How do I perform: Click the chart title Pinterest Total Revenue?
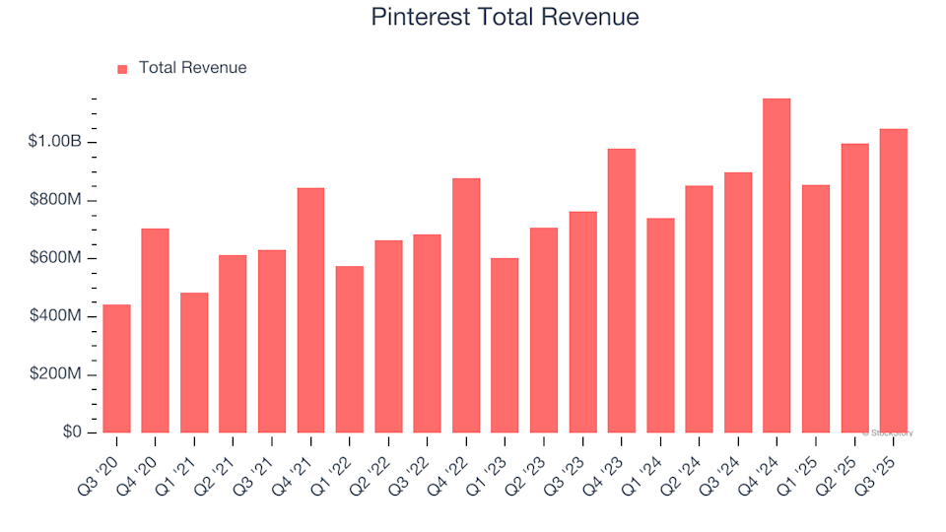click(x=505, y=17)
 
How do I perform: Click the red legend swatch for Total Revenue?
click(x=122, y=69)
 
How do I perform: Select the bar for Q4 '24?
click(x=777, y=266)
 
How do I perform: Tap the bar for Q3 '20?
click(x=116, y=368)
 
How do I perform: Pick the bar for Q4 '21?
click(x=310, y=310)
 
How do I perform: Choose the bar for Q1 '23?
click(x=505, y=346)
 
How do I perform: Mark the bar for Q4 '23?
click(x=621, y=291)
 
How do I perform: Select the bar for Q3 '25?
click(x=893, y=281)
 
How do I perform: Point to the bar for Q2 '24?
click(x=699, y=309)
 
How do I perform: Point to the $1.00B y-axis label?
click(x=55, y=142)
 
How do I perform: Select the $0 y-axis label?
click(x=72, y=432)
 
